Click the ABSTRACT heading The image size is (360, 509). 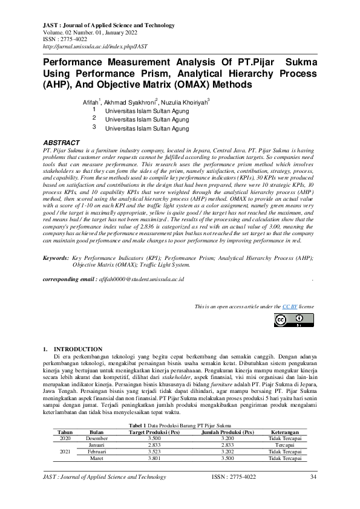click(62, 142)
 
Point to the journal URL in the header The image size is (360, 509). click(95, 46)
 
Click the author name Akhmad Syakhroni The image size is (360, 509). click(130, 103)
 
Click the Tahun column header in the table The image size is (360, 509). click(65, 433)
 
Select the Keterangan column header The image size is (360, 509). click(285, 433)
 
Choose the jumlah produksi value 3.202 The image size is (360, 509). click(227, 452)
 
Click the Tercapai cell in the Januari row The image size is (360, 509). click(285, 446)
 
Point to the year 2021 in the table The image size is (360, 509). click(65, 452)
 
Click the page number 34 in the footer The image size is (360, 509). click(313, 478)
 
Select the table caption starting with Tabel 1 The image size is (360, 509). click(180, 427)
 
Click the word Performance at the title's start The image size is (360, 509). click(76, 62)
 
